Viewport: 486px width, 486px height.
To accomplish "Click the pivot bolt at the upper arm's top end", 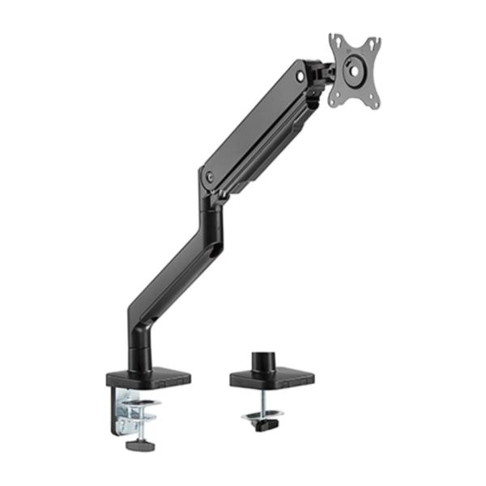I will point(301,76).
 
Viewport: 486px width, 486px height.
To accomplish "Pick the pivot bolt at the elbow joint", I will point(208,174).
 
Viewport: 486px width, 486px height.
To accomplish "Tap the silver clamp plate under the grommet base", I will point(262,416).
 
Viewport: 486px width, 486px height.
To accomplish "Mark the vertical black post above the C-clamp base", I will point(139,344).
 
